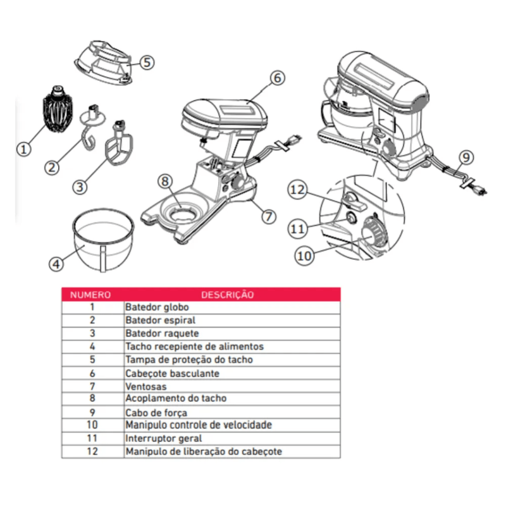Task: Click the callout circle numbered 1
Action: point(23,149)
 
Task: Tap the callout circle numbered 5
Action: point(146,62)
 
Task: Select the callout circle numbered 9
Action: point(466,156)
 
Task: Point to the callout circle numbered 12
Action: point(298,189)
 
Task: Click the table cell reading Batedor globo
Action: point(152,307)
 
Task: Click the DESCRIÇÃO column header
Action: point(228,294)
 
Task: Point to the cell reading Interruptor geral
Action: point(164,438)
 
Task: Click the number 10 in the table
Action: point(92,426)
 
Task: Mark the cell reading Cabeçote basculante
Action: point(172,373)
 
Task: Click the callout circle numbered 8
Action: point(165,182)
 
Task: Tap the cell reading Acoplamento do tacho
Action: point(176,399)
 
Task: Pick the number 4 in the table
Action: point(92,347)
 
